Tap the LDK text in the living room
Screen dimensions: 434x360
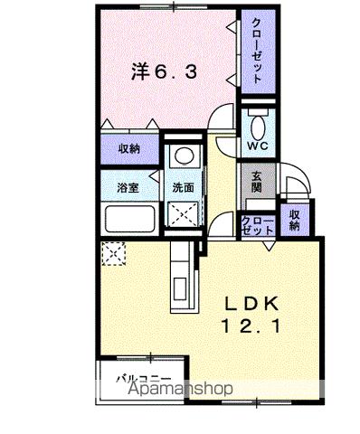click(261, 303)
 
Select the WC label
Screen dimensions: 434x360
click(255, 145)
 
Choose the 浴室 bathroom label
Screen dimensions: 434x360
click(127, 188)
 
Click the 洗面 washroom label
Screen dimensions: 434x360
click(185, 188)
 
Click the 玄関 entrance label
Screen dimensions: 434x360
click(256, 183)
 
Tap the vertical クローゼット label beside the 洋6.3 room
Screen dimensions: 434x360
click(257, 51)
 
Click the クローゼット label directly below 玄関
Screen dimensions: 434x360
click(255, 223)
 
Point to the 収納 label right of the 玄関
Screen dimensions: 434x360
click(294, 218)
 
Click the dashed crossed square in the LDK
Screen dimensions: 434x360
click(114, 256)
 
